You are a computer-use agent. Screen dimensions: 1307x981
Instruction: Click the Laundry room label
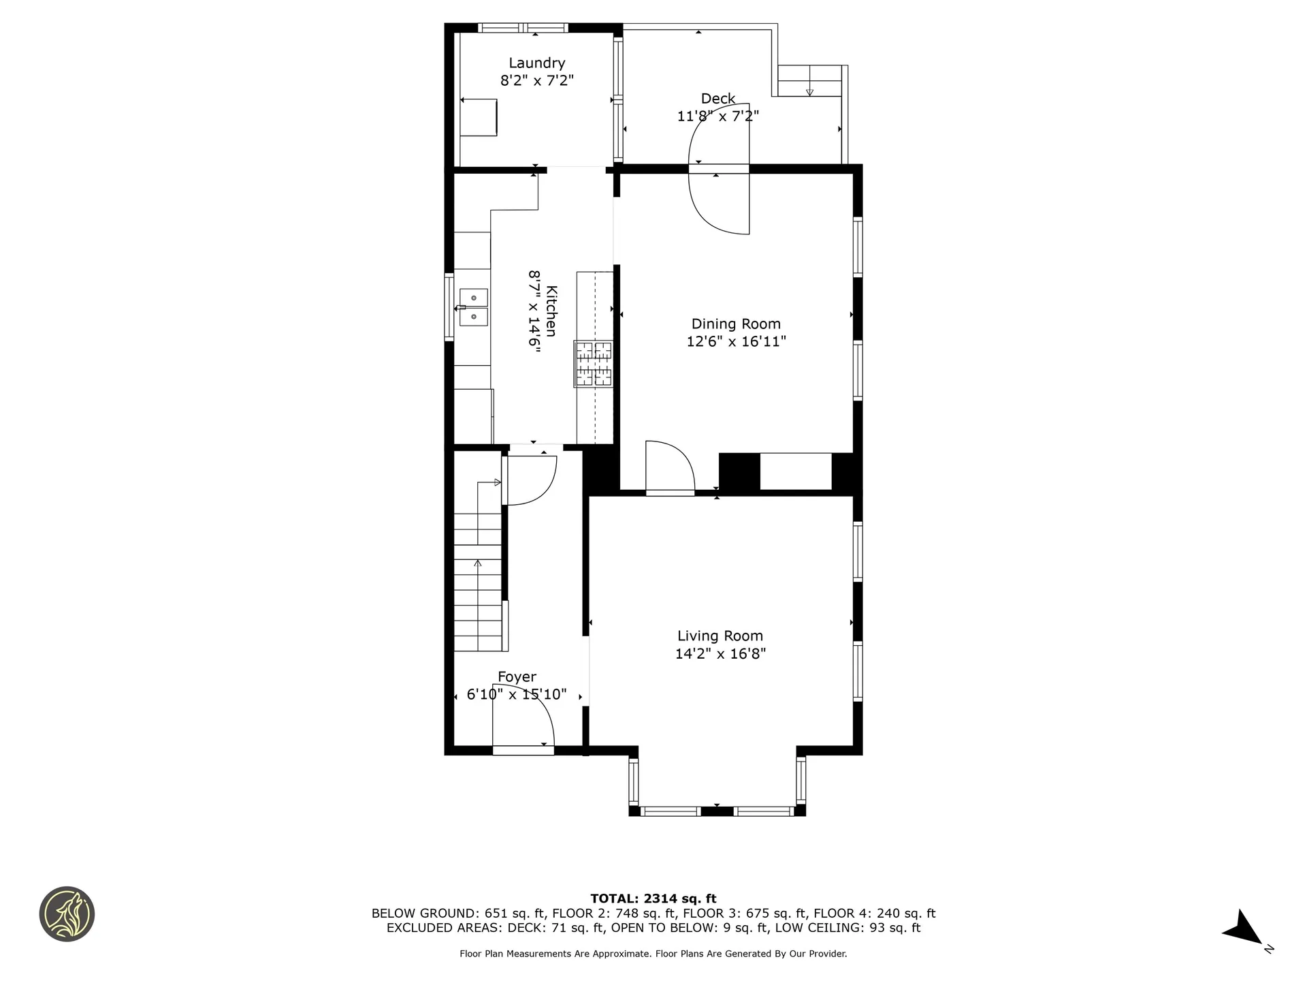tap(537, 63)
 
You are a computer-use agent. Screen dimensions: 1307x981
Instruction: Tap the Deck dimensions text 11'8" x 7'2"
tap(718, 116)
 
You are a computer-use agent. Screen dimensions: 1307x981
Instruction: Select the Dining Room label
tap(736, 324)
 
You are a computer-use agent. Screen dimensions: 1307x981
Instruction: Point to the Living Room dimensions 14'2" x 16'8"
tap(720, 654)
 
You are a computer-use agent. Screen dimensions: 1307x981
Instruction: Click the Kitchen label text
tap(551, 311)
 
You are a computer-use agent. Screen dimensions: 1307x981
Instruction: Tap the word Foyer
tap(517, 677)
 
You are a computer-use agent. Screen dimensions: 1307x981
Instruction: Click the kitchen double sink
tap(474, 307)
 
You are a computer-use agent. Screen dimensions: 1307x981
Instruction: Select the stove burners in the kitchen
tap(594, 364)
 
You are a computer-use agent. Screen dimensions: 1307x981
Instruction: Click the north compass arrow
tap(1244, 928)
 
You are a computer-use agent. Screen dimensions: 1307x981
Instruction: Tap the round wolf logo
tap(67, 914)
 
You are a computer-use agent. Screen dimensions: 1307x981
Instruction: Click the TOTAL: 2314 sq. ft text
tap(653, 899)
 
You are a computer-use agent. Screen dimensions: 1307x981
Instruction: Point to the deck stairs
tap(810, 81)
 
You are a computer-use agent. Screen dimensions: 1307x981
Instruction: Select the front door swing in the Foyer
tap(523, 726)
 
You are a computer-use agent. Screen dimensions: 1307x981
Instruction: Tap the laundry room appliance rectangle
tap(479, 117)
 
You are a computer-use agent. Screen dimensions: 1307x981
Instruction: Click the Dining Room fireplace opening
tap(796, 471)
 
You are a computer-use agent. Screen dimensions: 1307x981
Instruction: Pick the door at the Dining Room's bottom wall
tap(670, 469)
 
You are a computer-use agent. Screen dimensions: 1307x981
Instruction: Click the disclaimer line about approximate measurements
tap(653, 954)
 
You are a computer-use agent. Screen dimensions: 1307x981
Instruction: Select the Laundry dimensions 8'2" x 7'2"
tap(537, 80)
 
